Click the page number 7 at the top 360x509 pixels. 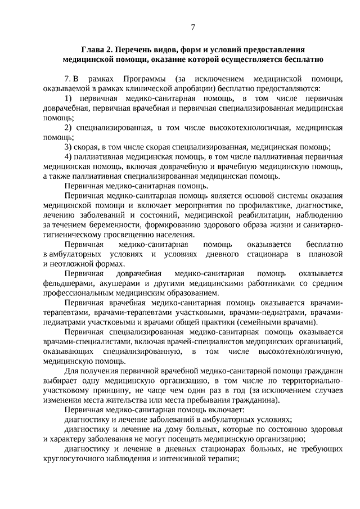[x=192, y=27]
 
